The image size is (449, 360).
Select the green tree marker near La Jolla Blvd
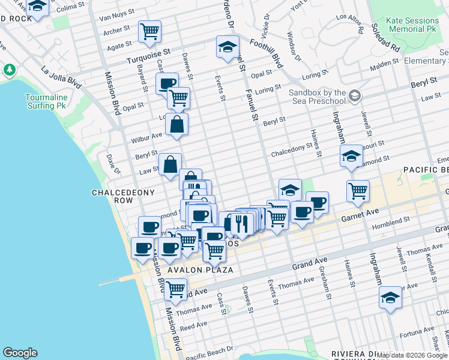click(x=10, y=70)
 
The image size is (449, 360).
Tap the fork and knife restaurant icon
click(x=239, y=224)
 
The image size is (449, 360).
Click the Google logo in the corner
click(x=20, y=353)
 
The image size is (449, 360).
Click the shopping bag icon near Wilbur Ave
click(x=177, y=125)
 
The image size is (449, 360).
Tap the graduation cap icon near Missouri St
click(x=351, y=157)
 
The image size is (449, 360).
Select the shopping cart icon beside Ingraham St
click(x=358, y=191)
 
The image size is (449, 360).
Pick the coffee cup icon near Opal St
click(x=167, y=83)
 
